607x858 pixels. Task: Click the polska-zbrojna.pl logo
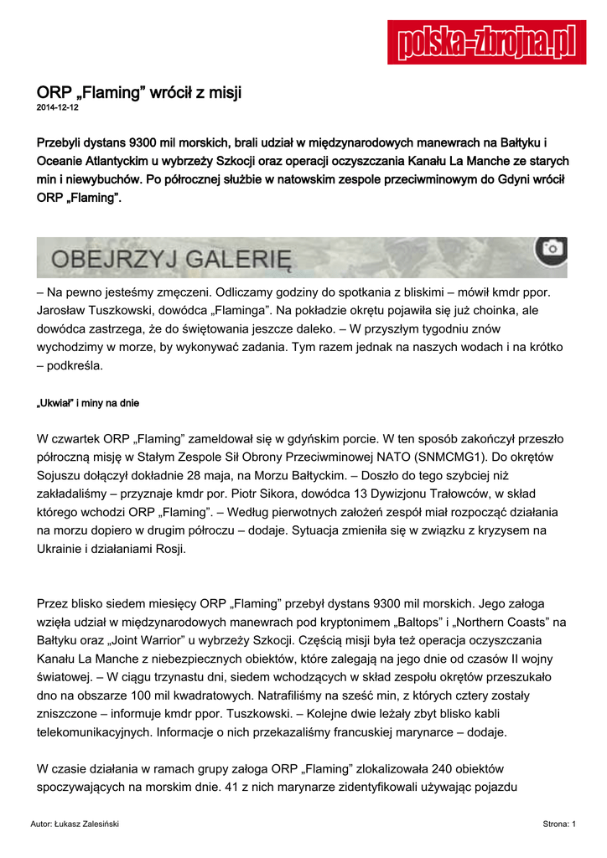pos(486,42)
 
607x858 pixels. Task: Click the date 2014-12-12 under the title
pos(57,108)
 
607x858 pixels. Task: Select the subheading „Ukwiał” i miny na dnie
pos(88,403)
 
